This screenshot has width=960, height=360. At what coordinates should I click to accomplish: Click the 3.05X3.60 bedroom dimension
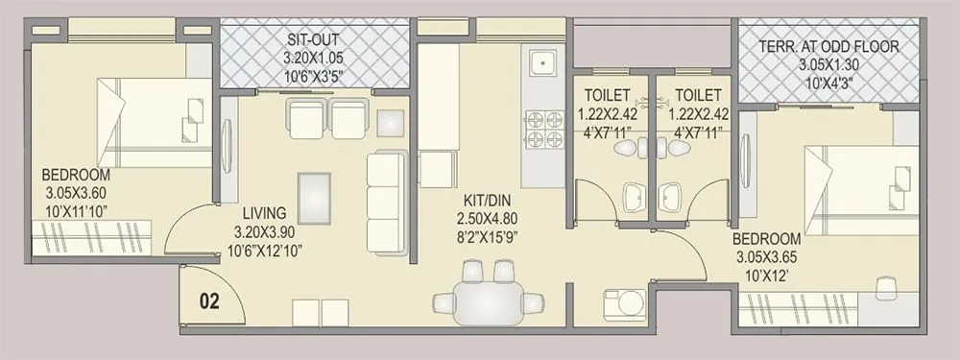pyautogui.click(x=76, y=192)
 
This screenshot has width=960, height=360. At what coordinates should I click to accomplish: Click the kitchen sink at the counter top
pyautogui.click(x=542, y=64)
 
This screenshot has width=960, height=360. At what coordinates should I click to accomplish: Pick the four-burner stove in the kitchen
pyautogui.click(x=542, y=131)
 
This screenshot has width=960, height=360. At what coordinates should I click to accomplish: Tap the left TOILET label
pyautogui.click(x=607, y=95)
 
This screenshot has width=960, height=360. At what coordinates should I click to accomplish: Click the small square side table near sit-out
pyautogui.click(x=390, y=123)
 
